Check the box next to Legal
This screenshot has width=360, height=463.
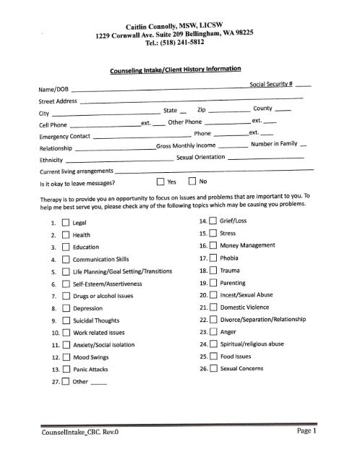click(x=65, y=222)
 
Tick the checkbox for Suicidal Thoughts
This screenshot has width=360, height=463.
click(x=65, y=322)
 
